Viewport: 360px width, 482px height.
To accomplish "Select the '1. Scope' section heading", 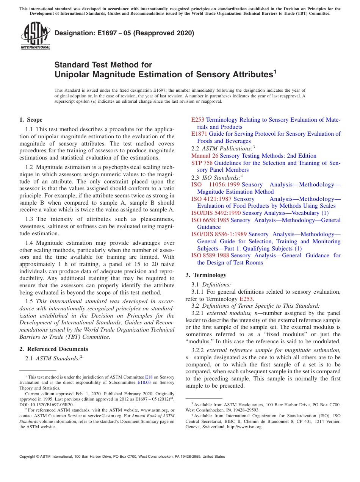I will pyautogui.click(x=31, y=120).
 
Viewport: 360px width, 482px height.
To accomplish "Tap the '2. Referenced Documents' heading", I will pyautogui.click(x=54, y=349).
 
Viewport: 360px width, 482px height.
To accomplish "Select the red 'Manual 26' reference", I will pyautogui.click(x=205, y=156).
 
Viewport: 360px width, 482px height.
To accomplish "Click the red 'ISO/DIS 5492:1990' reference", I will pyautogui.click(x=216, y=213).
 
